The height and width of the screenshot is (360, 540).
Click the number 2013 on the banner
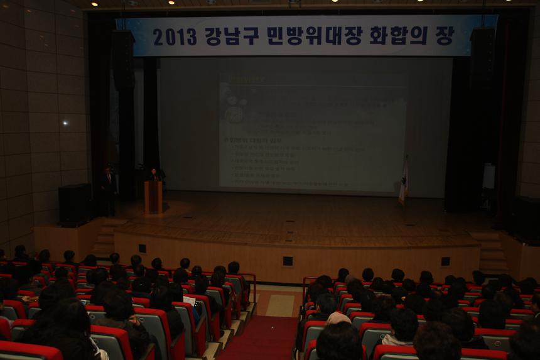175,37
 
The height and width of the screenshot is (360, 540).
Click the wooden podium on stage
153,197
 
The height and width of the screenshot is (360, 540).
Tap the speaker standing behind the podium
153,175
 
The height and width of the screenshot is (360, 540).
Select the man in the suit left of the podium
109,189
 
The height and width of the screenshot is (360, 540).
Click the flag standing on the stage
403,182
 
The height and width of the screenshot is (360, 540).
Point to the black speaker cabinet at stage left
75,204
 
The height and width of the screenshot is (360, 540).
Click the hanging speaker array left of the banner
122,60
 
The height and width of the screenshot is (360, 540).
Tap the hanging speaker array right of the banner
482,60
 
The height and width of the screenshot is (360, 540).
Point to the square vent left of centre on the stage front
288,261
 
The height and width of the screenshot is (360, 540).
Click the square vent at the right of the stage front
445,261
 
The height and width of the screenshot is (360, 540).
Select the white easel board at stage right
489,177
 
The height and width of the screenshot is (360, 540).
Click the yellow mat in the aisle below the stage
280,305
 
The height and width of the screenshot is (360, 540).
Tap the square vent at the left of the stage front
142,248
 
